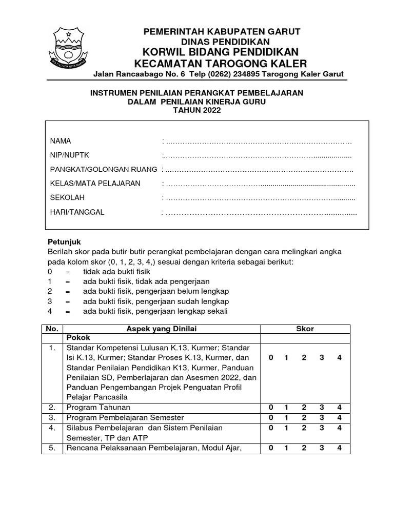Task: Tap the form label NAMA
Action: (61, 141)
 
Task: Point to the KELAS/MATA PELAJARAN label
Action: (95, 184)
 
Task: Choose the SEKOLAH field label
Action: (67, 197)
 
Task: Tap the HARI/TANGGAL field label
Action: (77, 212)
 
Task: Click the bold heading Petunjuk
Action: (64, 241)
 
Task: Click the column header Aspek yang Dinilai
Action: (162, 329)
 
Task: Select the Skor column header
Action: (305, 329)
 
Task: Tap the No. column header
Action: (52, 329)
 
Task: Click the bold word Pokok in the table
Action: (78, 338)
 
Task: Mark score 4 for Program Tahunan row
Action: (339, 408)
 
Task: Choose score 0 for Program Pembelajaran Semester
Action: (270, 417)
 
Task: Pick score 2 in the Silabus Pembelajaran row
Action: (304, 428)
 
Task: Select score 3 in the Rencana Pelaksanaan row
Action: (322, 448)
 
